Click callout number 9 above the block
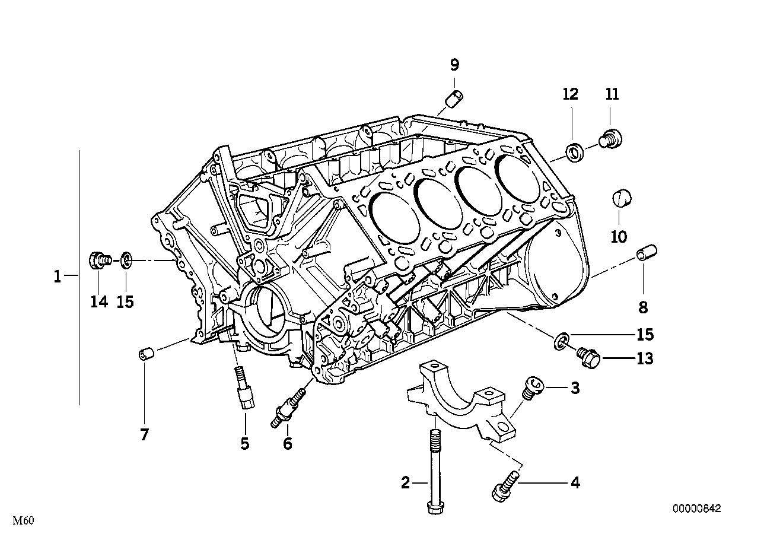coord(454,65)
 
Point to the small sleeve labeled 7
coord(146,355)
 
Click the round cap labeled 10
coord(622,198)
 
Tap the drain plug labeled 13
coord(588,356)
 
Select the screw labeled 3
coord(530,389)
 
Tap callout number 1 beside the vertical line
coord(57,276)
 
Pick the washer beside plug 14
coord(126,259)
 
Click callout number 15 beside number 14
coord(125,301)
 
